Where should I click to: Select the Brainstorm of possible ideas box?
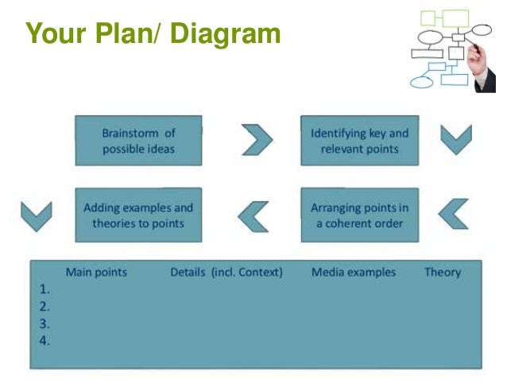tap(138, 140)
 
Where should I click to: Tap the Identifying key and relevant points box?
tap(358, 140)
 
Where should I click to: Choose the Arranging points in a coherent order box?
tap(358, 215)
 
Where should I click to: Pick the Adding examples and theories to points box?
tap(138, 215)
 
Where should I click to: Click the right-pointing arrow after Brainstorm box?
tap(257, 140)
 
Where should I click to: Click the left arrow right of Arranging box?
tap(454, 213)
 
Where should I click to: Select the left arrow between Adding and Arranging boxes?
tap(254, 214)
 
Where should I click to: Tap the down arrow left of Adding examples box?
tap(36, 216)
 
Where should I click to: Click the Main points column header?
tap(96, 272)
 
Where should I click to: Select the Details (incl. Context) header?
tap(226, 272)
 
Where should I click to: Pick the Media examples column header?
tap(353, 272)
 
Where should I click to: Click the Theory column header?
tap(442, 272)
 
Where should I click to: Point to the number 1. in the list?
tap(45, 289)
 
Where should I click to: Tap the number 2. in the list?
tap(45, 306)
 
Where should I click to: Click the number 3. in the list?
tap(45, 324)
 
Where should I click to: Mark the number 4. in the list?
tap(45, 341)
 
